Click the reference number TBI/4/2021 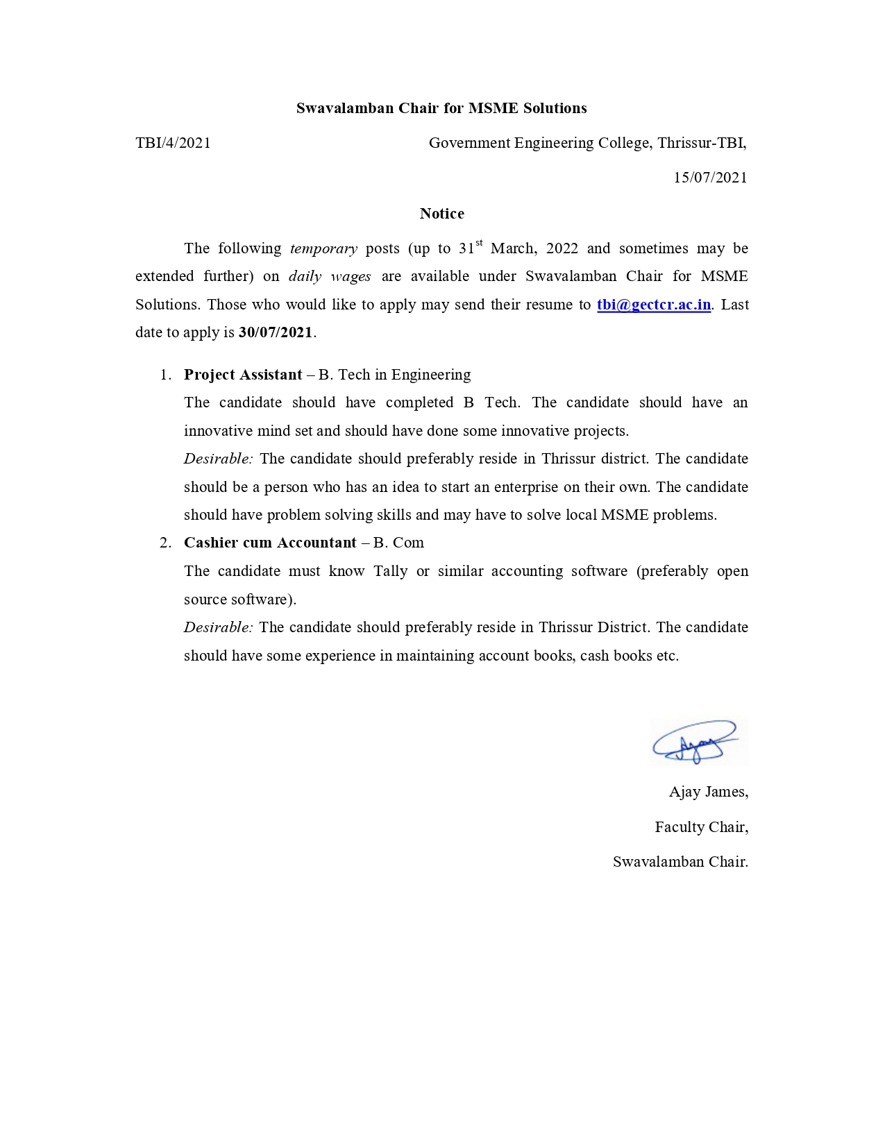pos(173,143)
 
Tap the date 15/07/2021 pos(710,178)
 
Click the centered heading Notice pos(441,214)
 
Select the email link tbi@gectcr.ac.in pos(654,305)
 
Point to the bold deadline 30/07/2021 pos(276,332)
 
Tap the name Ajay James pos(707,792)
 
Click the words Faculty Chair pos(700,827)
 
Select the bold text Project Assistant pos(243,375)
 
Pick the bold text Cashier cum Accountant pos(270,543)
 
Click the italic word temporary pos(323,248)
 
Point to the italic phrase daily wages pos(330,276)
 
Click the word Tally pos(390,571)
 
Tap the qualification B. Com pos(398,543)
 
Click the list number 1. pos(165,375)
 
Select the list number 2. pos(165,543)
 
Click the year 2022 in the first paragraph pos(562,248)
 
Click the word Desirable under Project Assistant pos(218,459)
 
